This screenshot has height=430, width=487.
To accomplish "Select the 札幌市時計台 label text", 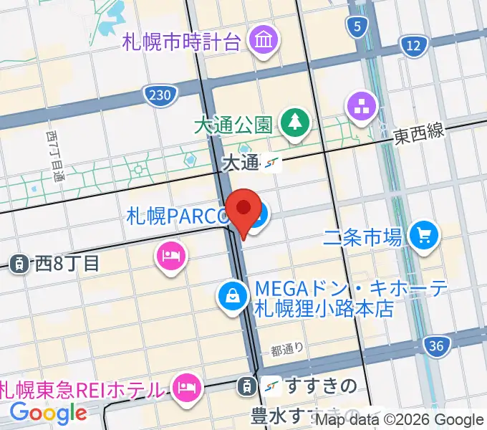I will [181, 41].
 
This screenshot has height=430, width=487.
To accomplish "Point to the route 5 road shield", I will [355, 27].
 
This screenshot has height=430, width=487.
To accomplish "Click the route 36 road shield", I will [436, 346].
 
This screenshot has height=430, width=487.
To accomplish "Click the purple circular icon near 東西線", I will [362, 107].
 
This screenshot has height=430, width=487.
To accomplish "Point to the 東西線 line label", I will [420, 135].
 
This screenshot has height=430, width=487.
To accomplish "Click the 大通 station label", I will [240, 163].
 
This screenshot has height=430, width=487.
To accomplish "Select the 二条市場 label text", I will [362, 236].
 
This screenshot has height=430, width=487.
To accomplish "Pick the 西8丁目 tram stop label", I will [65, 263].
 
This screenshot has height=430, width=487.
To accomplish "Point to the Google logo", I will [48, 413].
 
